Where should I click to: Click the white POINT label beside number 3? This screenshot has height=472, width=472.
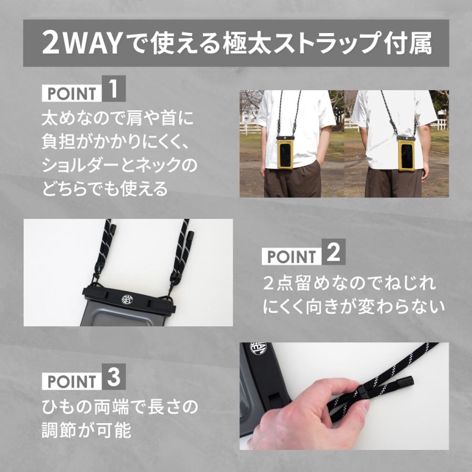[71, 381]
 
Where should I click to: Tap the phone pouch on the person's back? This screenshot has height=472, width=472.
[406, 153]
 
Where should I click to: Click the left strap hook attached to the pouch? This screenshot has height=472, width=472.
[99, 280]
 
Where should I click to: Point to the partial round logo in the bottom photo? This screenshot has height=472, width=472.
[259, 349]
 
